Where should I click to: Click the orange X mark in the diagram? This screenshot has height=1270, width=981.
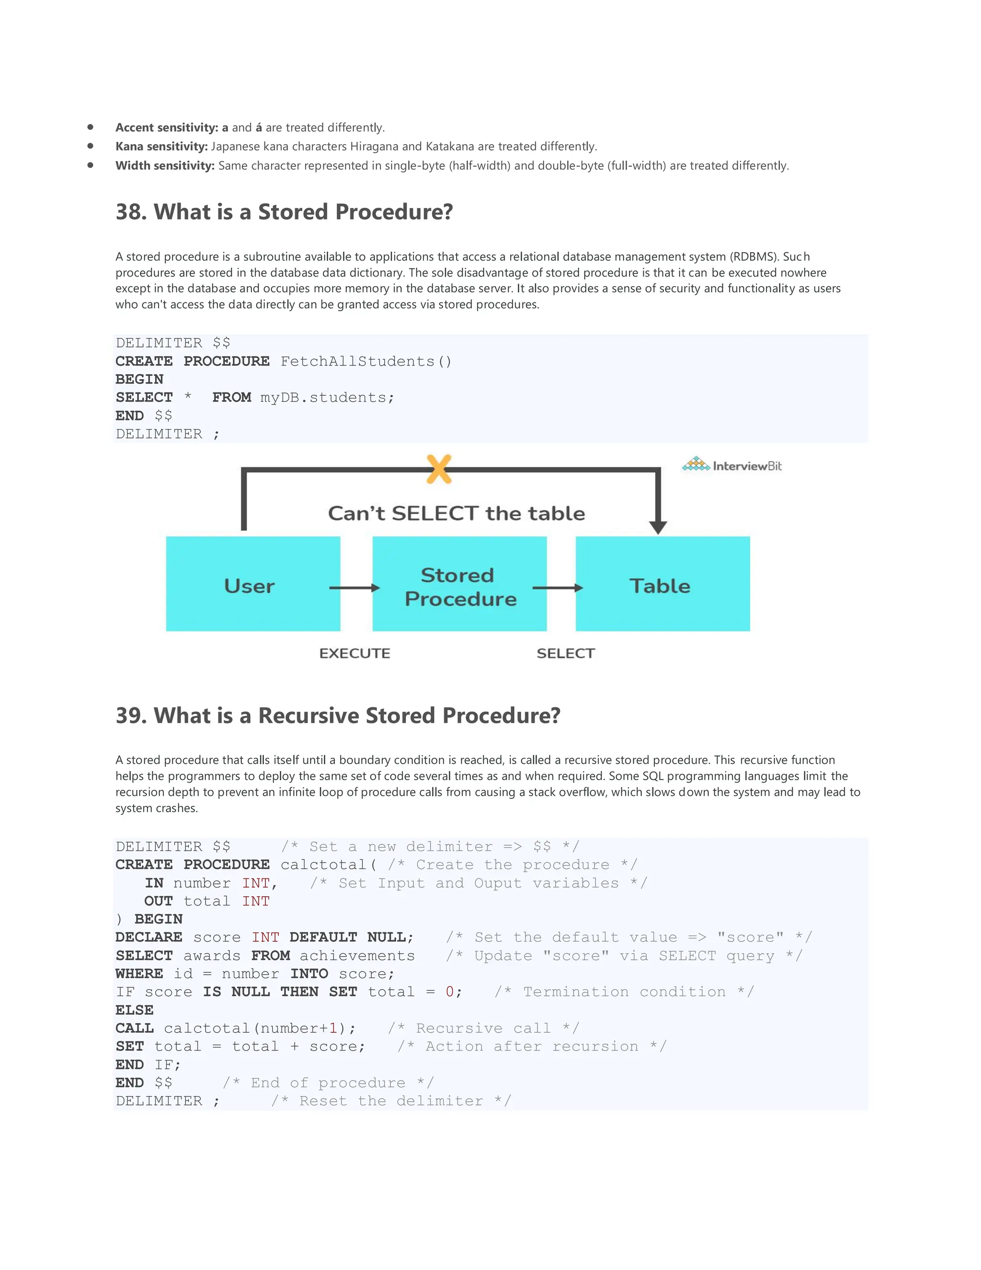pos(439,469)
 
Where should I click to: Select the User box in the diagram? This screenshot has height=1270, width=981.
pos(253,584)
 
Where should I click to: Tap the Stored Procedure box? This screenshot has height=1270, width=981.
pos(459,584)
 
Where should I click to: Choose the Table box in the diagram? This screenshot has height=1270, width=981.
pos(662,584)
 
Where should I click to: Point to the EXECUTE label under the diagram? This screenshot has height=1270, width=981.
pos(354,653)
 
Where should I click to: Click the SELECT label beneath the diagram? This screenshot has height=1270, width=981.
pos(566,653)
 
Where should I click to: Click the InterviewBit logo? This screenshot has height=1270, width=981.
pos(732,465)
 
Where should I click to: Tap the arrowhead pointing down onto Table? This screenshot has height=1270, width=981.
pos(657,527)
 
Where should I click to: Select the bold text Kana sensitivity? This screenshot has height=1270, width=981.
pos(161,147)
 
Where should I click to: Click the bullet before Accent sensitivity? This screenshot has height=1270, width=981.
pos(90,127)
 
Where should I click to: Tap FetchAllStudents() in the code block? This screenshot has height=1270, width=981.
pos(365,361)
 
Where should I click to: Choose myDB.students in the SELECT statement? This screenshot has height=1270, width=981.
pos(327,398)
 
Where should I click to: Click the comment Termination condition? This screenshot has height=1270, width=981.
pos(624,992)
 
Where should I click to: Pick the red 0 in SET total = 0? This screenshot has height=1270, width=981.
pos(450,992)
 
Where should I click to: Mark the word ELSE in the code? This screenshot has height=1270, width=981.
pos(134,1010)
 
